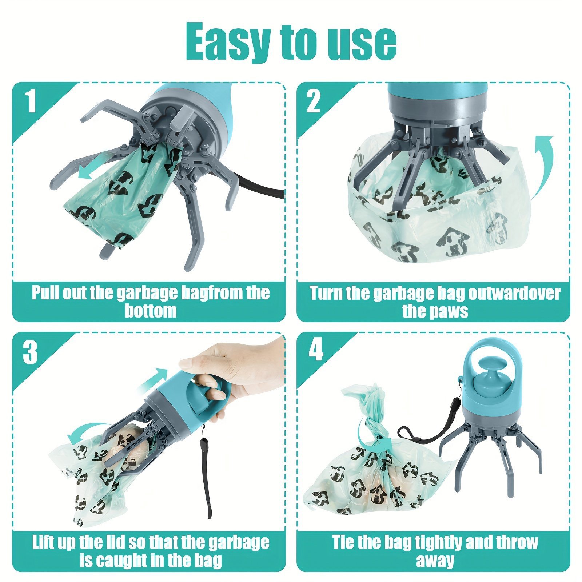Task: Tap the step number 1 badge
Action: click(x=31, y=101)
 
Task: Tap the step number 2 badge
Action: click(x=314, y=101)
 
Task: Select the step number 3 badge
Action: click(x=31, y=352)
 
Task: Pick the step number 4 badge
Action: click(x=315, y=350)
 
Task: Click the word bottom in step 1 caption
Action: click(x=151, y=311)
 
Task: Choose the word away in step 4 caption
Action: click(x=435, y=561)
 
